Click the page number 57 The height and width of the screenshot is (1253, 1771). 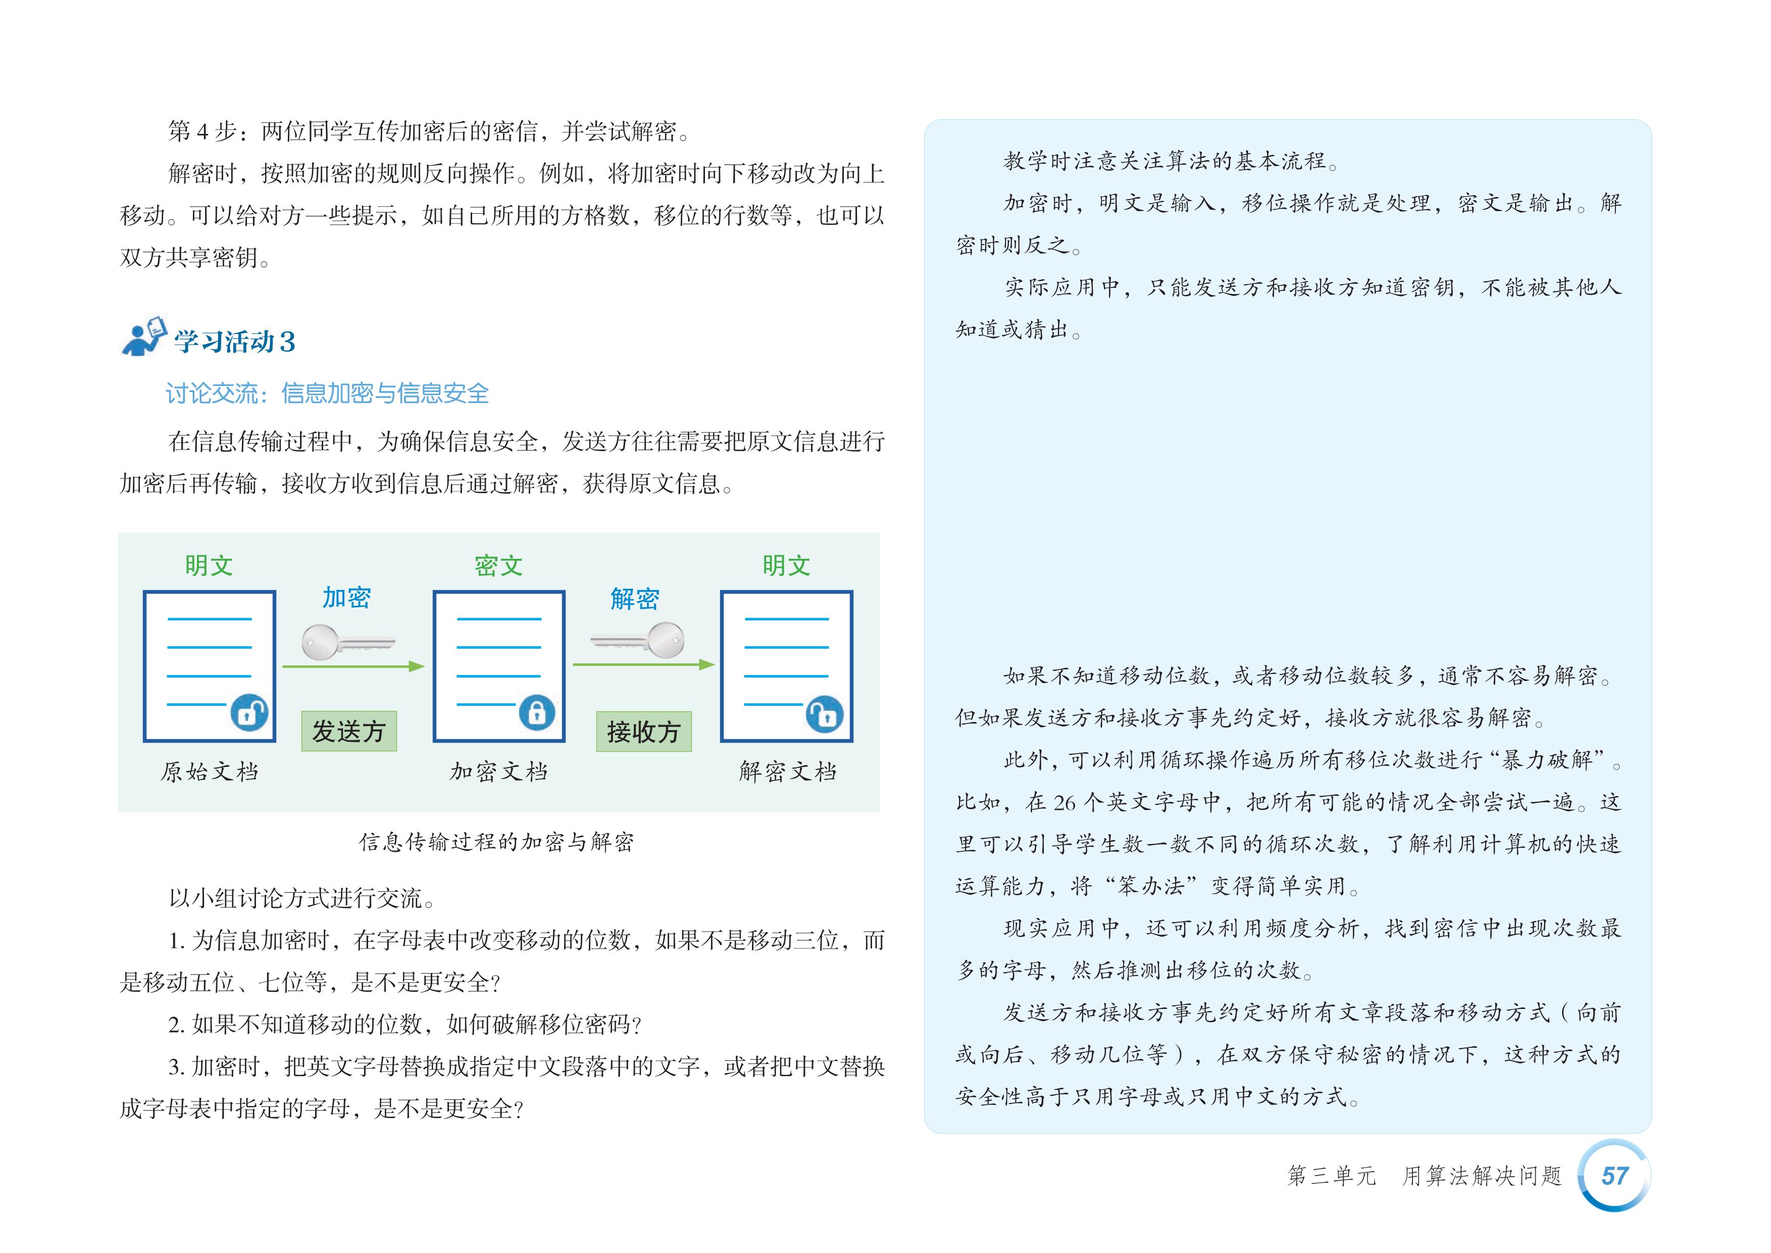click(x=1614, y=1175)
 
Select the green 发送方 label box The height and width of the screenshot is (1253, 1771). click(x=348, y=731)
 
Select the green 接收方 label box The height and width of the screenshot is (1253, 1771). click(x=643, y=731)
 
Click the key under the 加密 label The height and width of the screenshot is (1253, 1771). click(x=347, y=643)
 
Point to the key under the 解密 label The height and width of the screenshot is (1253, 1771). click(x=639, y=640)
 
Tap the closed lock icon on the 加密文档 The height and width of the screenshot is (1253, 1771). click(x=537, y=712)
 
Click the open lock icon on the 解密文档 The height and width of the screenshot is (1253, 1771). click(x=824, y=714)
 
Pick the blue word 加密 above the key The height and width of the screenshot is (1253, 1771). click(x=346, y=598)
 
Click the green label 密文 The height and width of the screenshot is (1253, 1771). click(x=498, y=565)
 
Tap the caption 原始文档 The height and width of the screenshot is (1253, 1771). click(x=209, y=772)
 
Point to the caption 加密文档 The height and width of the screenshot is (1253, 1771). click(x=498, y=772)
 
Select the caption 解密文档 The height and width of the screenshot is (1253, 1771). click(x=787, y=772)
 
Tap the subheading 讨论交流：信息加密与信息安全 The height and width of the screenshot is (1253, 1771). click(x=327, y=394)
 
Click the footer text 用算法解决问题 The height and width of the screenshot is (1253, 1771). click(x=1482, y=1176)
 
